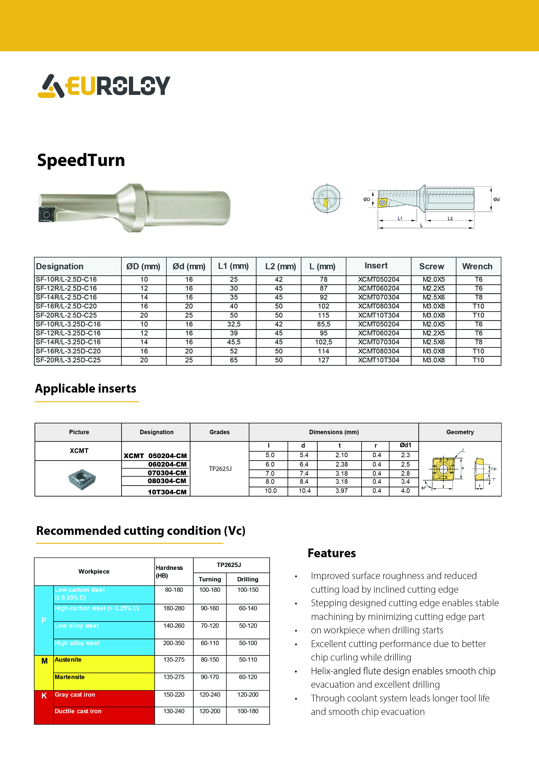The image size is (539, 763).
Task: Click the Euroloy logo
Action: point(104,86)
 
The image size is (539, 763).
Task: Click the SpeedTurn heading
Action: point(81,160)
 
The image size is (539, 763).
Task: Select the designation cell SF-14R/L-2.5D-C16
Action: point(67,297)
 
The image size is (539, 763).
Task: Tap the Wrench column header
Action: point(477,266)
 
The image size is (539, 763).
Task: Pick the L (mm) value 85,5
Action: point(323,324)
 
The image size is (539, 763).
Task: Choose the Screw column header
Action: point(431,266)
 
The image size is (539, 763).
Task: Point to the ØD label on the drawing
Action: point(367,199)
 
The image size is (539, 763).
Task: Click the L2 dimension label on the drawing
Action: point(450,218)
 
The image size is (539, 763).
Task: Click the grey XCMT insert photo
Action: point(82,479)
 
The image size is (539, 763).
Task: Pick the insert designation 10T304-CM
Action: point(167,492)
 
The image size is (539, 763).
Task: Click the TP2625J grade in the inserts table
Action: point(220,469)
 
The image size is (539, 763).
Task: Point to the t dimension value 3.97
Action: point(341,490)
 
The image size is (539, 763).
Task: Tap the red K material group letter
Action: point(44,696)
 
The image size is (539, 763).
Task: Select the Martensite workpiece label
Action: point(70,677)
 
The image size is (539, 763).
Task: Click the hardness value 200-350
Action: point(174,643)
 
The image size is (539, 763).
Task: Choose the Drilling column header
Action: point(248,579)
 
